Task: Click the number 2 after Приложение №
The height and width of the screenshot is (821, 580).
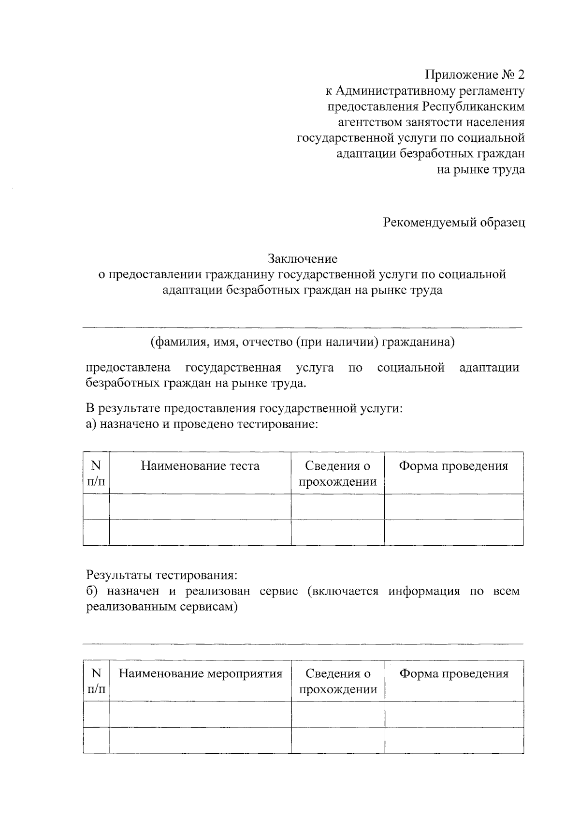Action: [520, 75]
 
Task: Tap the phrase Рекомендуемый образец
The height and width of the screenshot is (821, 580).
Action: [454, 223]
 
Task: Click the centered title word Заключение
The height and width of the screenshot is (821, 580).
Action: [303, 259]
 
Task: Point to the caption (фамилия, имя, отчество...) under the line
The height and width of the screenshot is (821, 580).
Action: [303, 343]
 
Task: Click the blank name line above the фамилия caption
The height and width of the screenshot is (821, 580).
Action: [303, 328]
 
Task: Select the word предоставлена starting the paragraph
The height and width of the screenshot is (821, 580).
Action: [128, 368]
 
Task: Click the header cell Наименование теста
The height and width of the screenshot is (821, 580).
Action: [200, 466]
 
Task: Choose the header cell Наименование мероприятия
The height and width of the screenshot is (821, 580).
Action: [200, 673]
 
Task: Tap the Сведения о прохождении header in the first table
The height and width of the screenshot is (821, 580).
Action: [337, 474]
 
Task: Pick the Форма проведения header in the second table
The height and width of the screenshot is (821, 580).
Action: [454, 673]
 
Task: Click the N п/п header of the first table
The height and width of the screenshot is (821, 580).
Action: [96, 474]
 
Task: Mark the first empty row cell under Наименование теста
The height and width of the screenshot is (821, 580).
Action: [200, 507]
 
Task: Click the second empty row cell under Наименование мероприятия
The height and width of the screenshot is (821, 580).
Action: [200, 740]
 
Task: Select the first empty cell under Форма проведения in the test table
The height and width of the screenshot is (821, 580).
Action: [454, 507]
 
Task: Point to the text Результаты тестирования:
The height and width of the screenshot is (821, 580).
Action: [162, 576]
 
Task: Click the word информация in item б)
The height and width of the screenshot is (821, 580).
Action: [424, 591]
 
